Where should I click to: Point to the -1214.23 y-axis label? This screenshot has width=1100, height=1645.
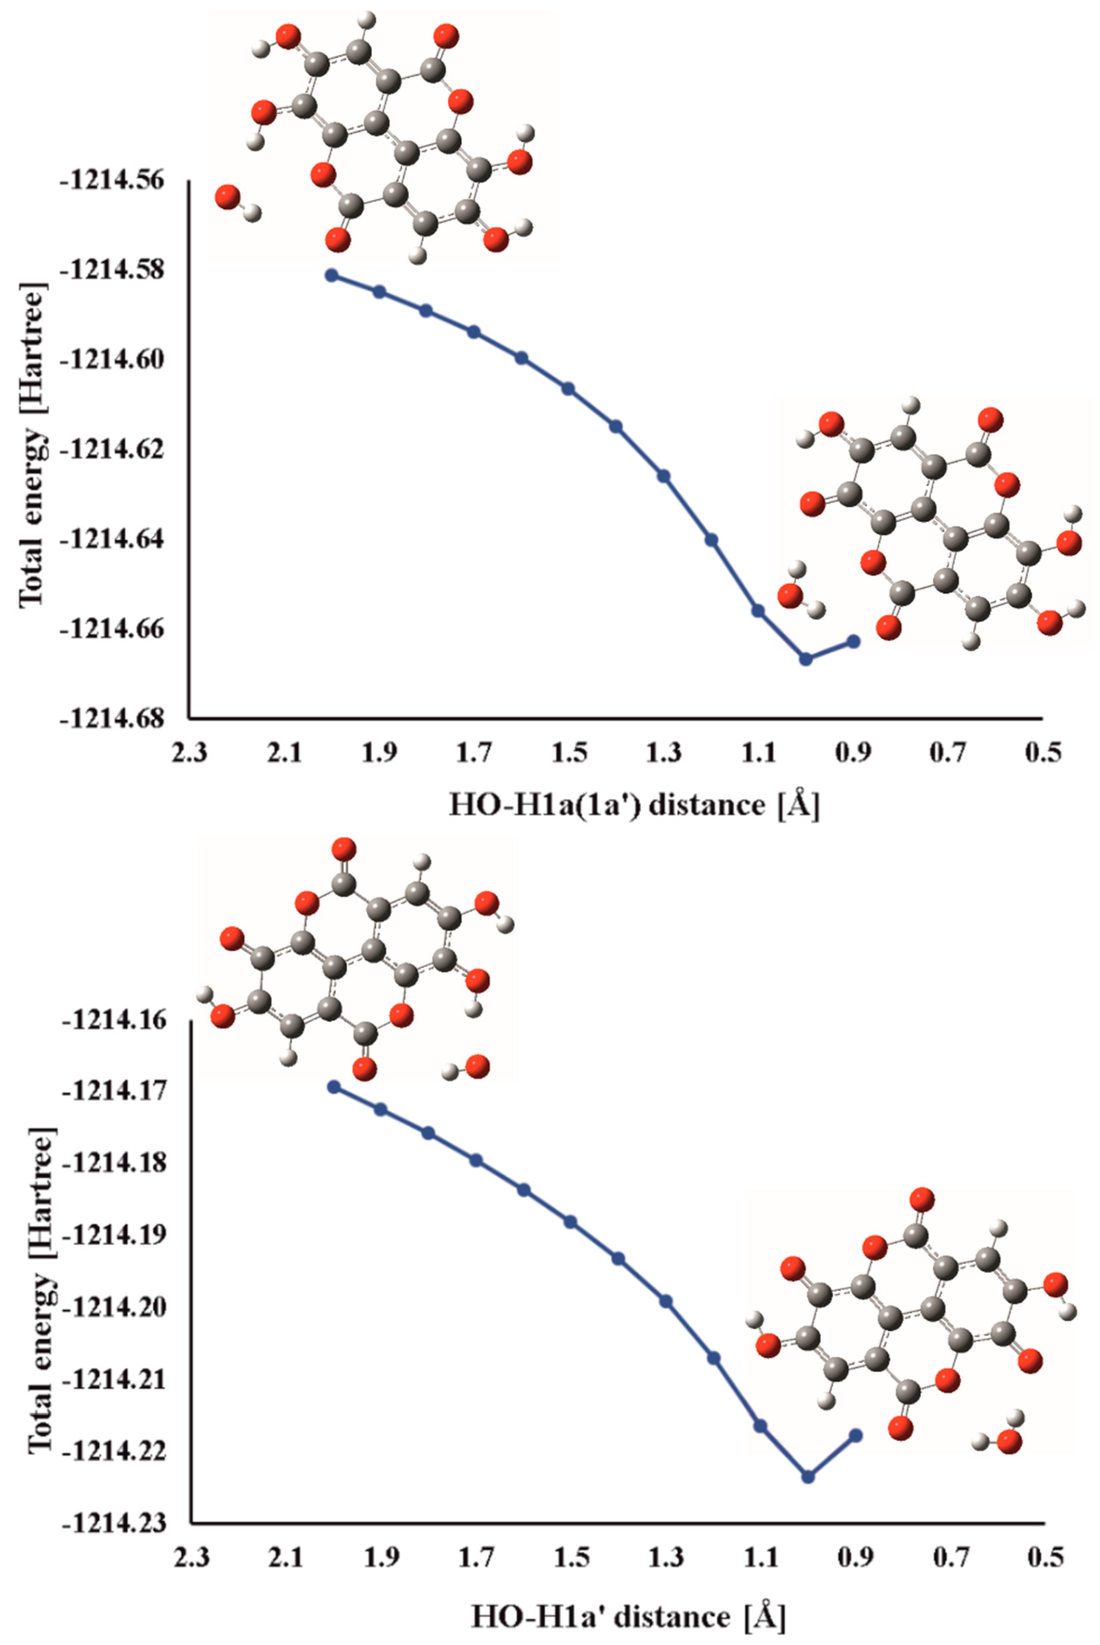click(114, 1524)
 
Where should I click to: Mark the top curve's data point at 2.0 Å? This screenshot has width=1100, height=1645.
click(332, 275)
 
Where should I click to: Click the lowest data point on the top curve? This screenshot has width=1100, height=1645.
click(806, 659)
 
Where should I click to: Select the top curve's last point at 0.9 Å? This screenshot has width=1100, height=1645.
click(854, 641)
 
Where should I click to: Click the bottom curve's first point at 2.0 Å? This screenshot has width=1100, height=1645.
click(334, 1086)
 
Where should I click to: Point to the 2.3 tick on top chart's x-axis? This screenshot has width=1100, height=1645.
click(190, 754)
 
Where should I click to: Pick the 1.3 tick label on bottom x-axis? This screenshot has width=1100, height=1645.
click(666, 1557)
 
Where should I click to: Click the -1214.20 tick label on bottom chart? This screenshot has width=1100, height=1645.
click(114, 1307)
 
